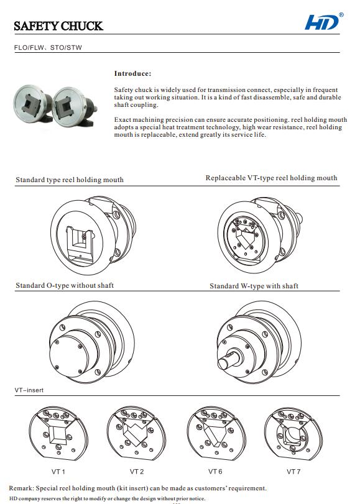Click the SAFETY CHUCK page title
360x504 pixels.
point(58,25)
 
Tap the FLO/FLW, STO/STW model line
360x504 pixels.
point(48,47)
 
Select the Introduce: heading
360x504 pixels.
point(132,73)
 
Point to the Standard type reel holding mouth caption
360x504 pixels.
point(70,180)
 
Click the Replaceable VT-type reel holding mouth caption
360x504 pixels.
point(271,178)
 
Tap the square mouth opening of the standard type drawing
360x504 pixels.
point(81,241)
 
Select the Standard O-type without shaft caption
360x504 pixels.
point(65,285)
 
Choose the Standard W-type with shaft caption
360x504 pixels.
point(254,286)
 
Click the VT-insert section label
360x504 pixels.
point(29,390)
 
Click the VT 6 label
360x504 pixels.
point(215,472)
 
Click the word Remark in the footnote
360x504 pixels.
point(22,488)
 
